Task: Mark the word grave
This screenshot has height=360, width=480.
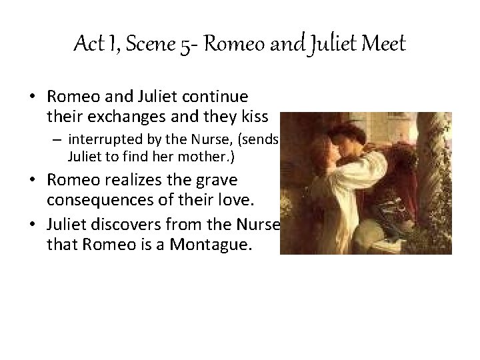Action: pyautogui.click(x=220, y=181)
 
